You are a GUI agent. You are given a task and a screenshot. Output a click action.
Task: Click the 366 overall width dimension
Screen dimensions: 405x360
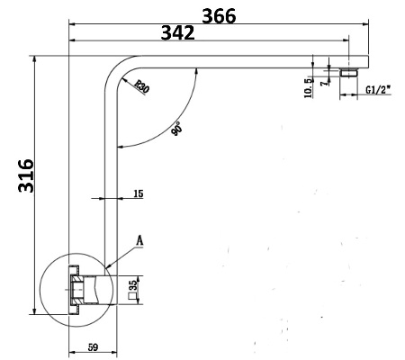219,16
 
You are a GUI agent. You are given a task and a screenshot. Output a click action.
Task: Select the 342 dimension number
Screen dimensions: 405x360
178,32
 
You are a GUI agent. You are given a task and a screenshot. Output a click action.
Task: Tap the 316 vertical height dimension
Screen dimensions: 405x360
26,175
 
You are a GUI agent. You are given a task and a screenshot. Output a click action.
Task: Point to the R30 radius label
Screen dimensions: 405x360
141,86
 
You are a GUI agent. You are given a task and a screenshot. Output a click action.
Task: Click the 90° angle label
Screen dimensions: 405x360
177,129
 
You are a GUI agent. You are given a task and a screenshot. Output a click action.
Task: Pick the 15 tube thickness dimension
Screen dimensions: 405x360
139,193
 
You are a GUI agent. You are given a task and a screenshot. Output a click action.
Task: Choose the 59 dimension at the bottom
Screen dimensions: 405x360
93,347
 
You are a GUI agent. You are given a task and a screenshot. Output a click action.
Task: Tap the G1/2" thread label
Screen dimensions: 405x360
379,90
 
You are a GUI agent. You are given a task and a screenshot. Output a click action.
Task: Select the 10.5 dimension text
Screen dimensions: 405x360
308,88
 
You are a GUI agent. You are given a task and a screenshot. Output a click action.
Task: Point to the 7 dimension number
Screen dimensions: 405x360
324,83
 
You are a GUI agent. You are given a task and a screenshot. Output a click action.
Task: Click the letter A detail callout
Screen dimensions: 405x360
139,240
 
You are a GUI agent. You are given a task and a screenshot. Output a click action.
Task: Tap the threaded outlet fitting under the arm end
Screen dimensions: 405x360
349,73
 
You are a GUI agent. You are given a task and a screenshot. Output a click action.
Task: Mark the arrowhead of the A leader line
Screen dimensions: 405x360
109,265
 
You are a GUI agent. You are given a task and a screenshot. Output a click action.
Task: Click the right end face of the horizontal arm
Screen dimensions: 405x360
368,62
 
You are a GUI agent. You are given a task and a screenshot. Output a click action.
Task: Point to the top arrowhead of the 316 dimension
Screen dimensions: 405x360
35,59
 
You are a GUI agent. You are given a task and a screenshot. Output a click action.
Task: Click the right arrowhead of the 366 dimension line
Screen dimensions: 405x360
365,23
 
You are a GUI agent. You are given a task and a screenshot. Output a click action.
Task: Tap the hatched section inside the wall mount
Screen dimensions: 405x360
77,290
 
